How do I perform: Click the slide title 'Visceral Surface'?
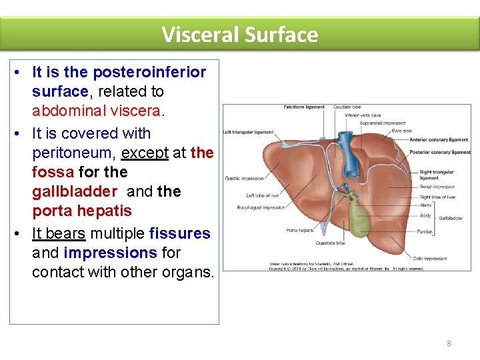click(240, 34)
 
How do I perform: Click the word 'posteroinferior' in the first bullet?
click(149, 72)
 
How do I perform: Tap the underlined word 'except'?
click(145, 153)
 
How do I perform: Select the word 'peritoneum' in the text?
click(73, 153)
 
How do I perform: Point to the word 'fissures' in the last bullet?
click(180, 234)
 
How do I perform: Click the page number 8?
click(449, 343)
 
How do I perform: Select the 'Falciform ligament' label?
click(304, 107)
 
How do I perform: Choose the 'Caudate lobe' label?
click(347, 107)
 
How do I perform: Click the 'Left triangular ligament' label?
click(248, 131)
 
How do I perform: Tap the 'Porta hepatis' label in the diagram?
click(300, 231)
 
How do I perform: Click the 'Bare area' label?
click(402, 131)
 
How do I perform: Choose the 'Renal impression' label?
click(437, 187)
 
